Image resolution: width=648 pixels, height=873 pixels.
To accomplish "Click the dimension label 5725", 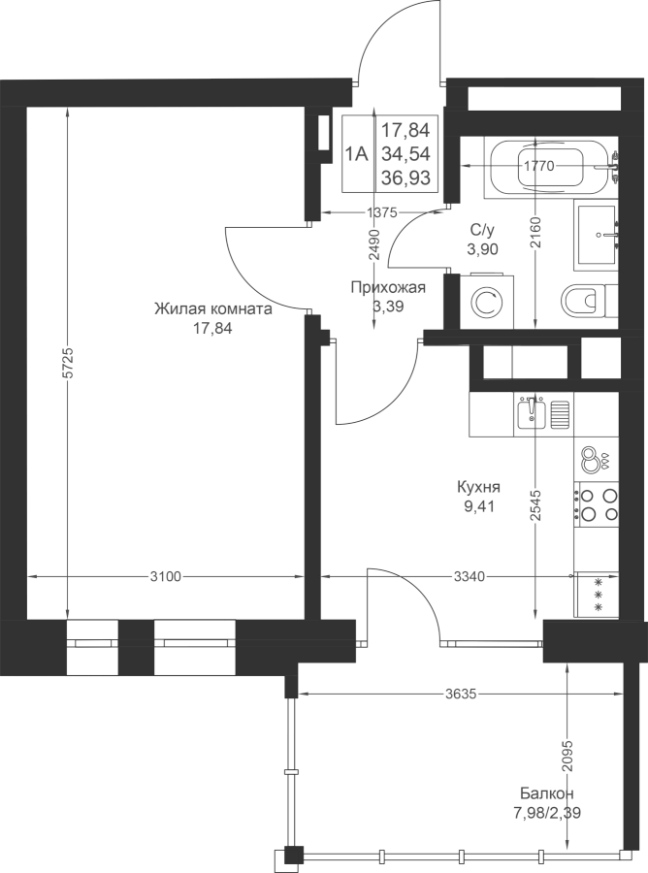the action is [x=67, y=364].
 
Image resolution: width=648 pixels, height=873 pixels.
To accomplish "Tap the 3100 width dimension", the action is [x=166, y=576].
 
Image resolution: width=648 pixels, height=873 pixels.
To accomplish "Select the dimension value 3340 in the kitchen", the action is [x=470, y=576].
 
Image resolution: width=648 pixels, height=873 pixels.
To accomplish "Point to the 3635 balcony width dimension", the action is [x=461, y=694].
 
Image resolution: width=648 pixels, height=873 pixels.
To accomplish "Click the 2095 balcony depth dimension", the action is [x=567, y=756].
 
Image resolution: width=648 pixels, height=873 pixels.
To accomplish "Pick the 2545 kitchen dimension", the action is [x=535, y=505].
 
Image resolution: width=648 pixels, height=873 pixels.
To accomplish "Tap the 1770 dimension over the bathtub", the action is [x=539, y=165].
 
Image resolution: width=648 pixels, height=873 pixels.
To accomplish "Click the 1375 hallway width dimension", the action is [x=381, y=211].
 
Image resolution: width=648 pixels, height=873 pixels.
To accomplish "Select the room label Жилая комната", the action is [x=213, y=309].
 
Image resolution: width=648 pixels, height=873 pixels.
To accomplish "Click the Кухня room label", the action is [x=478, y=487].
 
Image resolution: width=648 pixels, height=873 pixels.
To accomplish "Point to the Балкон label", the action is [x=547, y=792].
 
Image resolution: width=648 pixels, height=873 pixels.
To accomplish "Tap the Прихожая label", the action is [x=388, y=287].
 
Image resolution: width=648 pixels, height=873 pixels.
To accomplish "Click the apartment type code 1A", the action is [x=357, y=153].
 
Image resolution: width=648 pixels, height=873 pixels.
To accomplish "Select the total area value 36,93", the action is [x=405, y=178].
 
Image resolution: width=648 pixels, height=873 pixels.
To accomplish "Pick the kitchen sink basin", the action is [x=531, y=413].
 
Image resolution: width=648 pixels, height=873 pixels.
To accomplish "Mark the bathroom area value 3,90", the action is [x=483, y=249].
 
